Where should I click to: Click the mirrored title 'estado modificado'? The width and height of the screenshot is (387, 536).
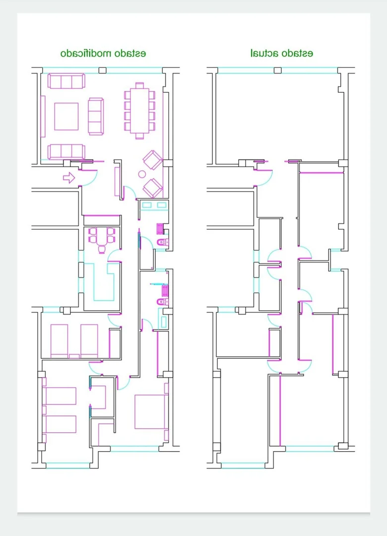coord(103,54)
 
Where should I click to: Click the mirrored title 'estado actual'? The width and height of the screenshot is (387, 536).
coord(281,53)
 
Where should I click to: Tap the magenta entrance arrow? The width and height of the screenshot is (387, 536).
coord(69,177)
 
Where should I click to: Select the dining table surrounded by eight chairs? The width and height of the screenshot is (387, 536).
coord(139,111)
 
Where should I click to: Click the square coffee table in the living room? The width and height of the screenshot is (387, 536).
coord(66,116)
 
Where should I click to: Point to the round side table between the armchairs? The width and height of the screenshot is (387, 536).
coord(142,174)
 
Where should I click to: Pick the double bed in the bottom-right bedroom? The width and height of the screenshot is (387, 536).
coord(151,411)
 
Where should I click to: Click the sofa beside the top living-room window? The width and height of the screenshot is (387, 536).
coord(66,81)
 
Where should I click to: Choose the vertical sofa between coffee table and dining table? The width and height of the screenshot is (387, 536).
coord(96,116)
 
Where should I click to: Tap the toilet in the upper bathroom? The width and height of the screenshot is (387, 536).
coord(162,242)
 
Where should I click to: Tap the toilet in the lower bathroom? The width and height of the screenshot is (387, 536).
coord(162,302)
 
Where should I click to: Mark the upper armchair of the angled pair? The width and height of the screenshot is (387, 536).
coord(152,160)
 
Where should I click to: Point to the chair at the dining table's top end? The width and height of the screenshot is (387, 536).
coord(139,85)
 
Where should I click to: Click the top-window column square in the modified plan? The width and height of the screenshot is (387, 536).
coord(102,70)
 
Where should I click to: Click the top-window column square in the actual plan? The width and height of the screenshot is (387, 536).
coord(278,70)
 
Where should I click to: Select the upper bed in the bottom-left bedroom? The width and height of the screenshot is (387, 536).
coord(59,396)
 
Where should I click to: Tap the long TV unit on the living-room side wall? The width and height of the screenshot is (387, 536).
coord(43,116)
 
